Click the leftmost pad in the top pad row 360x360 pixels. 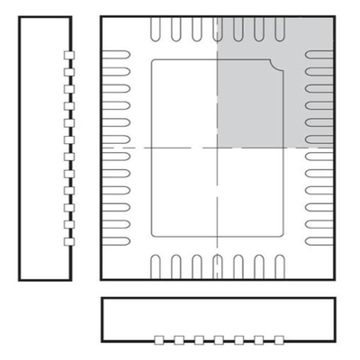pyautogui.click(x=156, y=29)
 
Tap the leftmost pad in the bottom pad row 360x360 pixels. pyautogui.click(x=156, y=266)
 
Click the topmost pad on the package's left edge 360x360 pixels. pyautogui.click(x=118, y=56)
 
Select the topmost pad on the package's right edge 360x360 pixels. pyautogui.click(x=319, y=56)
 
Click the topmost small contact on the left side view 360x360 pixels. pyautogui.click(x=67, y=56)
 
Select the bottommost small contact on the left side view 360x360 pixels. pyautogui.click(x=67, y=241)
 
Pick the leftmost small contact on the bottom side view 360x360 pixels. pyautogui.click(x=159, y=339)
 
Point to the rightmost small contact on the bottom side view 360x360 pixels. pyautogui.click(x=276, y=339)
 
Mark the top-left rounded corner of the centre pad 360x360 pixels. pyautogui.click(x=153, y=64)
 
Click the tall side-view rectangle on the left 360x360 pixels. pyautogui.click(x=42, y=148)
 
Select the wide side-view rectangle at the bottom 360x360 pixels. pyautogui.click(x=219, y=318)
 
